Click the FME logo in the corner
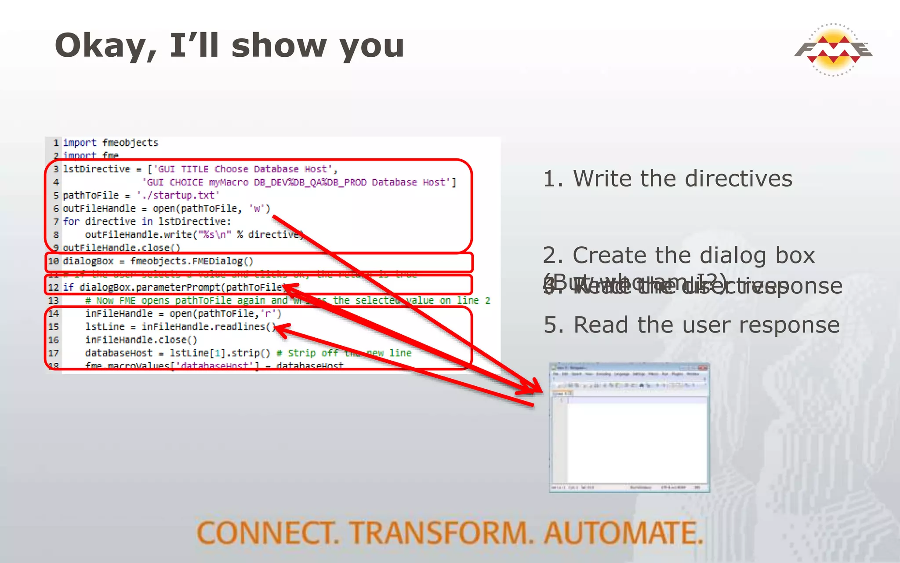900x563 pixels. pos(833,50)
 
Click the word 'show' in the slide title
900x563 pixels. pos(279,45)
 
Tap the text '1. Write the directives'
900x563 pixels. pos(668,179)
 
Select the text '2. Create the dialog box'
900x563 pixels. pos(679,255)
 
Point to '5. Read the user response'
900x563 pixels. pos(691,325)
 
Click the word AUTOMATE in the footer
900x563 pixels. pos(623,533)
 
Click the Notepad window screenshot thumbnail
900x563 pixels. pos(629,427)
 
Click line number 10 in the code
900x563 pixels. pos(54,261)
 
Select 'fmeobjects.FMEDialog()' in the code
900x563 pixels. pos(192,261)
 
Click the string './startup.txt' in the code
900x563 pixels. pos(178,195)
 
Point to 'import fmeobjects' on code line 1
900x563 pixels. pos(110,143)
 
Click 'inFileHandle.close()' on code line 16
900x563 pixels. pos(141,340)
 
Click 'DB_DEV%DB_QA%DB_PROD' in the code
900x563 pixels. pos(310,183)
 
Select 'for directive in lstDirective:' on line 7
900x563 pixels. pos(147,222)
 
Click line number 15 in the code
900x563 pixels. pos(54,327)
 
